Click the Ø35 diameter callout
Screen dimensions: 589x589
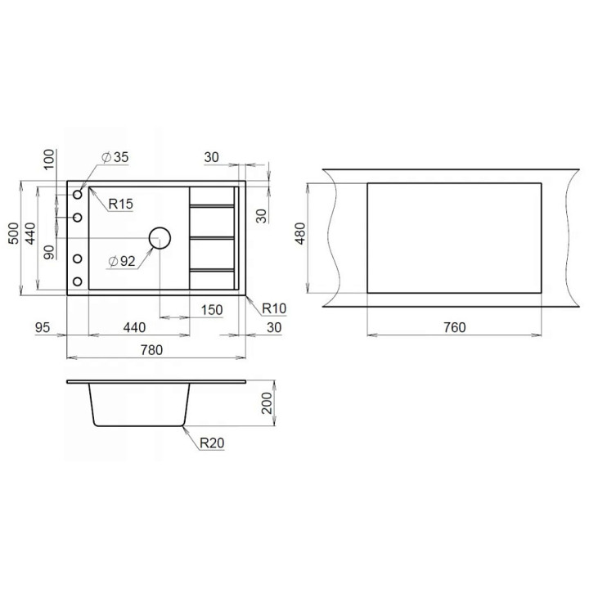(x=115, y=157)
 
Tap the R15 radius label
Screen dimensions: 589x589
(x=120, y=204)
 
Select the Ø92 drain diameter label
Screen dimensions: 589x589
(x=121, y=261)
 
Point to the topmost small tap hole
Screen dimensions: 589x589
(x=78, y=195)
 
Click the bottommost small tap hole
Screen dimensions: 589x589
(x=78, y=281)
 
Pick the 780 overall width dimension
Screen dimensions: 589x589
(x=152, y=350)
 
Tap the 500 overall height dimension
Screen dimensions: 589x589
(x=14, y=233)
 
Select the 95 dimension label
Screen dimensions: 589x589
(x=42, y=327)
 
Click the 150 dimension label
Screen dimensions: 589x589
(x=212, y=310)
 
